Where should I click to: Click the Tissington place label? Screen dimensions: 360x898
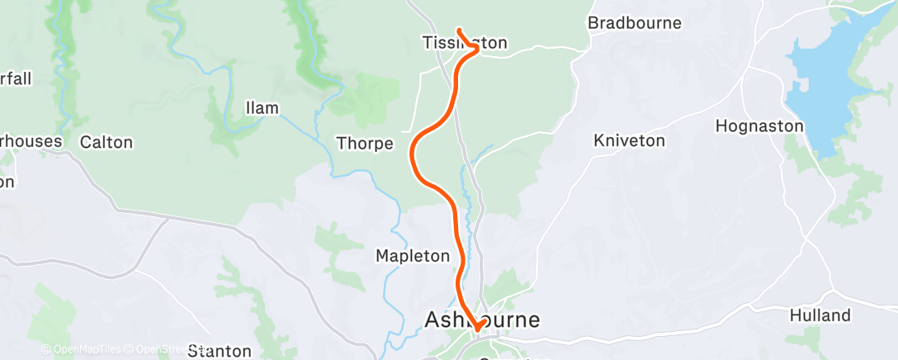[464, 42]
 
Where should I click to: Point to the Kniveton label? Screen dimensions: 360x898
[629, 141]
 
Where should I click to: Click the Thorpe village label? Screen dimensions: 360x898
[365, 144]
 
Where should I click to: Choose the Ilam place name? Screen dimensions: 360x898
[262, 108]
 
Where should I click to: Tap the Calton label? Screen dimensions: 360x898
[106, 142]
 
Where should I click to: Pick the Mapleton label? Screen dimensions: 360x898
[413, 256]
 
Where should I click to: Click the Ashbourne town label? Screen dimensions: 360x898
[482, 319]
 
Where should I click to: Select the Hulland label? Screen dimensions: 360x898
[820, 315]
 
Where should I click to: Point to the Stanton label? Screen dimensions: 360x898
[220, 351]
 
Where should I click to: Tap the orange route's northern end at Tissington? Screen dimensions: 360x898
[458, 31]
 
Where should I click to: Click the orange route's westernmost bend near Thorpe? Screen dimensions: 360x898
[411, 151]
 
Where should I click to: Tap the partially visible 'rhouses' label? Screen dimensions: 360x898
[31, 141]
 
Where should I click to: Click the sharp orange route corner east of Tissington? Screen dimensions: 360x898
[477, 50]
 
